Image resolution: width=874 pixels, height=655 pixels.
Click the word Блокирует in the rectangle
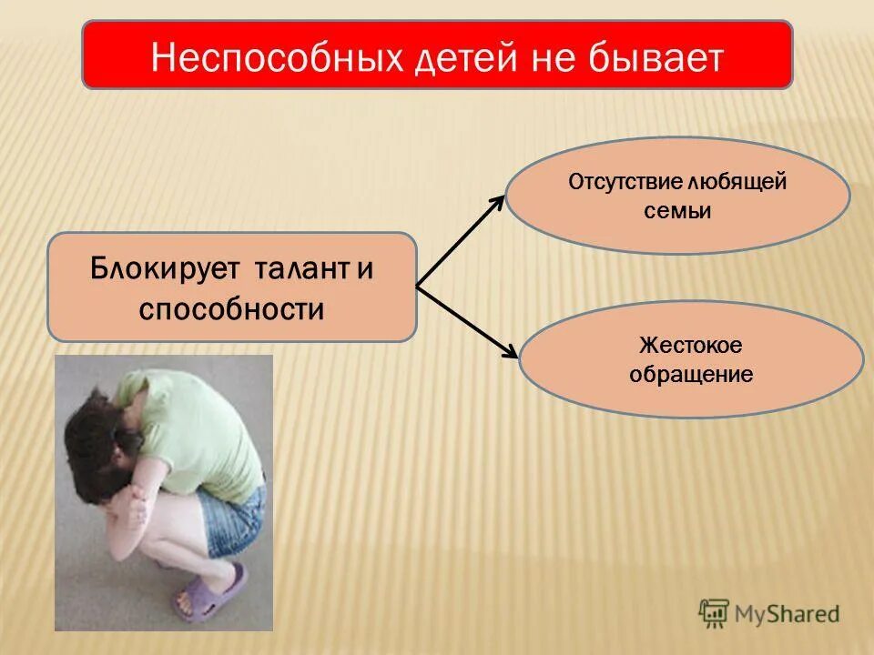[x=164, y=269]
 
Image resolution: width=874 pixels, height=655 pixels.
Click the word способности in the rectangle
[x=231, y=308]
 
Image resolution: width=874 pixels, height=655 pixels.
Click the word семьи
[x=676, y=210]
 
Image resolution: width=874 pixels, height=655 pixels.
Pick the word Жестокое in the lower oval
[x=691, y=345]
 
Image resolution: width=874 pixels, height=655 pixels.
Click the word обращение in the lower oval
[x=691, y=374]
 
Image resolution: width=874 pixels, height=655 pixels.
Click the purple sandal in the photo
[x=215, y=592]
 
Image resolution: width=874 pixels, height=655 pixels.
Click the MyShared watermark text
[x=788, y=614]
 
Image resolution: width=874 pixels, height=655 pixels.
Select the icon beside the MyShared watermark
[x=715, y=613]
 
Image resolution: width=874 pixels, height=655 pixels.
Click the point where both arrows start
[x=417, y=287]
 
